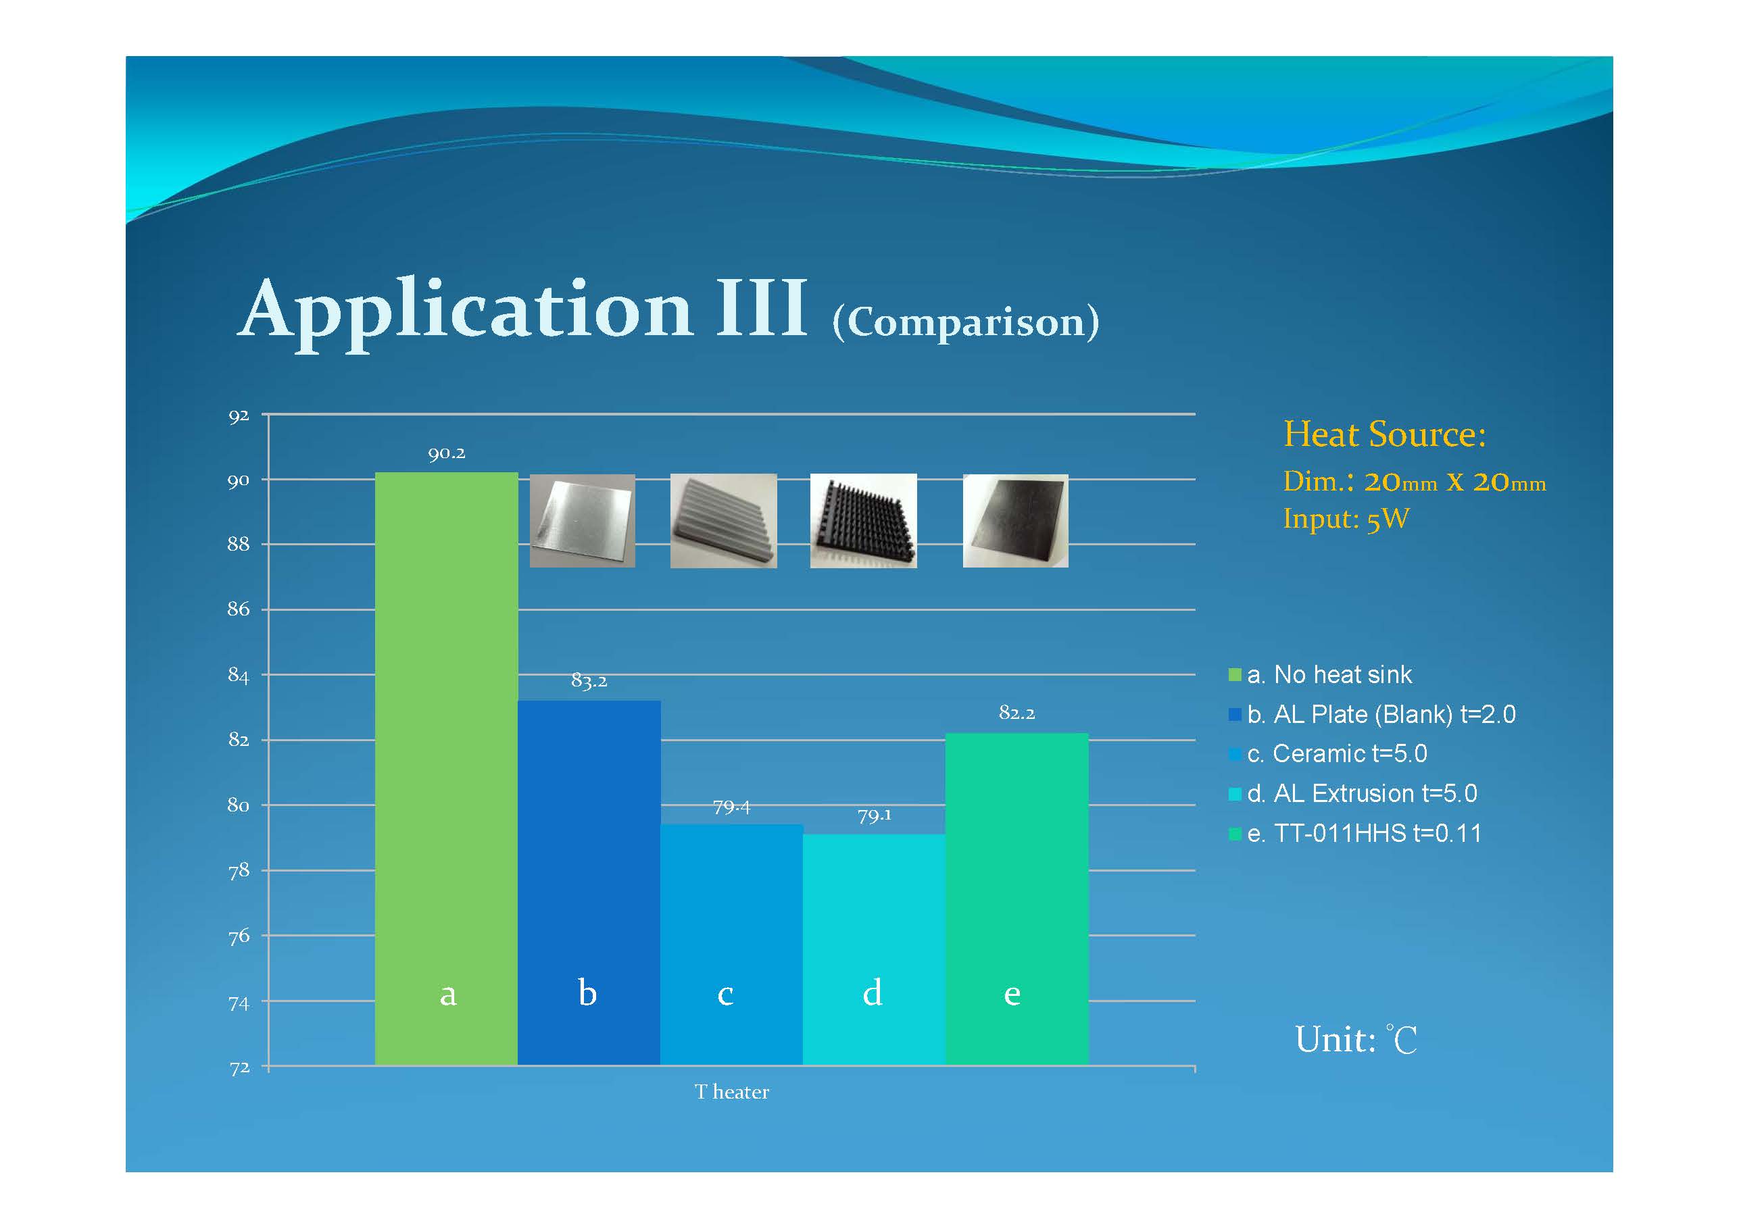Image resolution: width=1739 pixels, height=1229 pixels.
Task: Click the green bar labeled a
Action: pyautogui.click(x=446, y=769)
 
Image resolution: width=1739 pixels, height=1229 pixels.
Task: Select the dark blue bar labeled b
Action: pyautogui.click(x=589, y=883)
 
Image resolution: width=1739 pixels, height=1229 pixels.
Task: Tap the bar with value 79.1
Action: pyautogui.click(x=874, y=949)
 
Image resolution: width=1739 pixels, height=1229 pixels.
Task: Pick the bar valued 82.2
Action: pyautogui.click(x=1017, y=899)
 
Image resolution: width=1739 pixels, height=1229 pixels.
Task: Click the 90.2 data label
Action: pyautogui.click(x=446, y=453)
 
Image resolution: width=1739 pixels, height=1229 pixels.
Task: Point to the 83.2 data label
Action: pyautogui.click(x=589, y=681)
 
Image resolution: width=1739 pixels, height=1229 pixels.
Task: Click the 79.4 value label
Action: pyautogui.click(x=732, y=807)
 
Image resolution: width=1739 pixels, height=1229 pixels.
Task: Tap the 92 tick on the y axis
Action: pyautogui.click(x=239, y=416)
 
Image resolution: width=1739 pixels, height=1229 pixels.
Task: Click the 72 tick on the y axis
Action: pyautogui.click(x=239, y=1068)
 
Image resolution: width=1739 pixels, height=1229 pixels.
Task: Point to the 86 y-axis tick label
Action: pyautogui.click(x=239, y=609)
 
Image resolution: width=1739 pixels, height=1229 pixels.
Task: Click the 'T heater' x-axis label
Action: pyautogui.click(x=732, y=1091)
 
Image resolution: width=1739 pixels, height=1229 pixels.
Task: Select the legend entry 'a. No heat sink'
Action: pyautogui.click(x=1320, y=674)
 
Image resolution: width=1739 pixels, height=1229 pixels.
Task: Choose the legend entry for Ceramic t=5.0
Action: pyautogui.click(x=1327, y=753)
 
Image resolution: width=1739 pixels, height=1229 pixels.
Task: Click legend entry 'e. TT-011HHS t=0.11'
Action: pyautogui.click(x=1354, y=833)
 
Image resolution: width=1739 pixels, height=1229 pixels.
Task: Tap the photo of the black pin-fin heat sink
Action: pyautogui.click(x=864, y=521)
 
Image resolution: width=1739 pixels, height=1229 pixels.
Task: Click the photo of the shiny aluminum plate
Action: pyautogui.click(x=583, y=521)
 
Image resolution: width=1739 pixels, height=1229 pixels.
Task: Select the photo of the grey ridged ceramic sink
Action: pyautogui.click(x=723, y=521)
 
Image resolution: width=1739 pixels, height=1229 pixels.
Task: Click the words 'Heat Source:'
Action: pyautogui.click(x=1385, y=434)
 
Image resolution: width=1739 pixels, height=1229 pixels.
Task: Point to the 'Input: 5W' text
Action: pyautogui.click(x=1346, y=519)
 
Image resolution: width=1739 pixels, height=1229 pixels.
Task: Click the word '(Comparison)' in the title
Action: pyautogui.click(x=966, y=322)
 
